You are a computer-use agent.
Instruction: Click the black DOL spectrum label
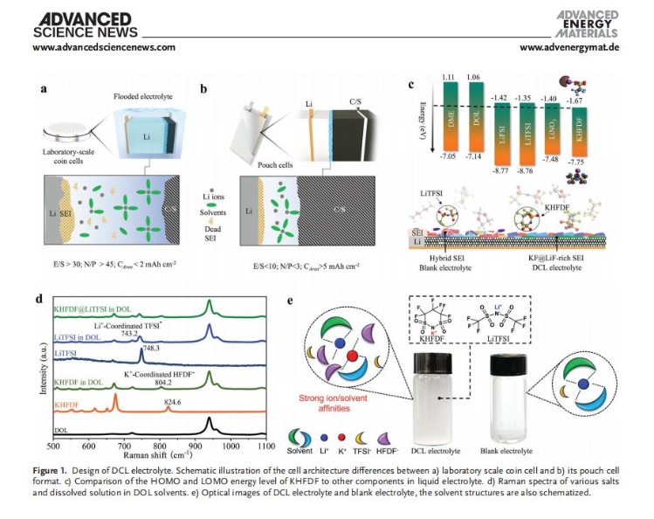click(x=62, y=431)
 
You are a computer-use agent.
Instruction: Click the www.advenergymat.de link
click(x=568, y=47)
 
